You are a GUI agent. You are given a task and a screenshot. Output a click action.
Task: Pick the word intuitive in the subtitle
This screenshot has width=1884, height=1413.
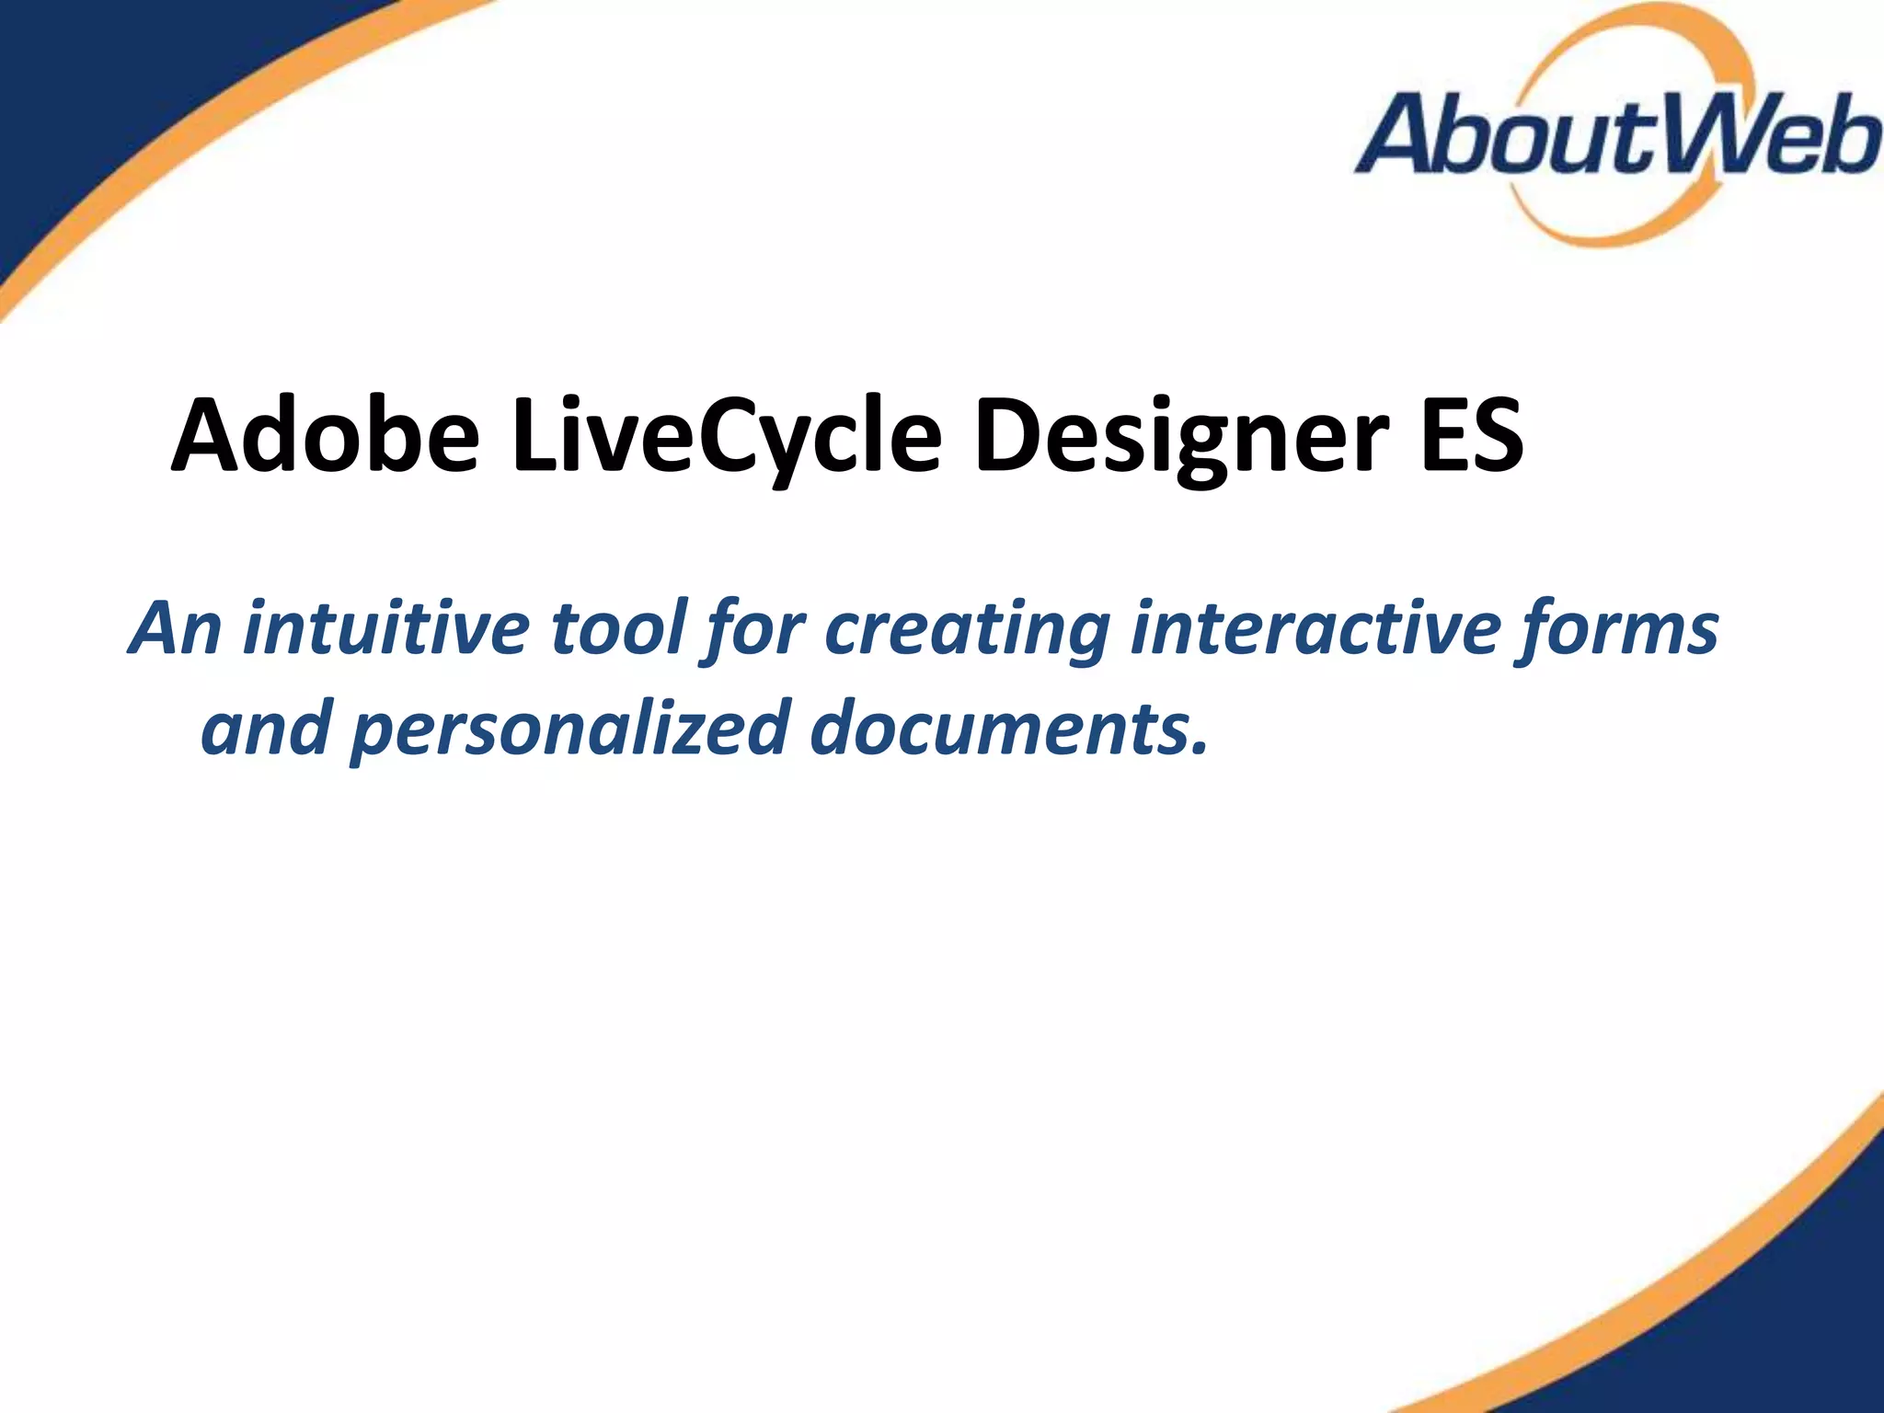386,628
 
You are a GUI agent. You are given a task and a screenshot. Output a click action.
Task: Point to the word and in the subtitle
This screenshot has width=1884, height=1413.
266,728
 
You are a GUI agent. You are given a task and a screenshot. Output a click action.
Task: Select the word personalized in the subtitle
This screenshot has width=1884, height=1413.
571,728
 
